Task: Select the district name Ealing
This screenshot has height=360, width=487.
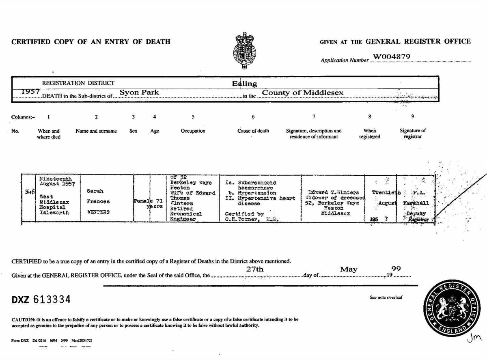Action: (x=245, y=84)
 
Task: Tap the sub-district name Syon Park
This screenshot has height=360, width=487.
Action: (x=139, y=93)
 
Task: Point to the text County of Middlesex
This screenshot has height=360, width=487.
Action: (x=303, y=93)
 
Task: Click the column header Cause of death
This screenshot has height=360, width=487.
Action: (x=253, y=131)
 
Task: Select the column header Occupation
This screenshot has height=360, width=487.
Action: (x=193, y=131)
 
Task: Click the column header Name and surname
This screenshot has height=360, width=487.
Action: (x=96, y=131)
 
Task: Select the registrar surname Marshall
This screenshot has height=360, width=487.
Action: (x=414, y=202)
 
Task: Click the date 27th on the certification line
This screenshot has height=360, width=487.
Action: (x=255, y=269)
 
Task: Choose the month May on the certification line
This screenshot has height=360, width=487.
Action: (x=349, y=269)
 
